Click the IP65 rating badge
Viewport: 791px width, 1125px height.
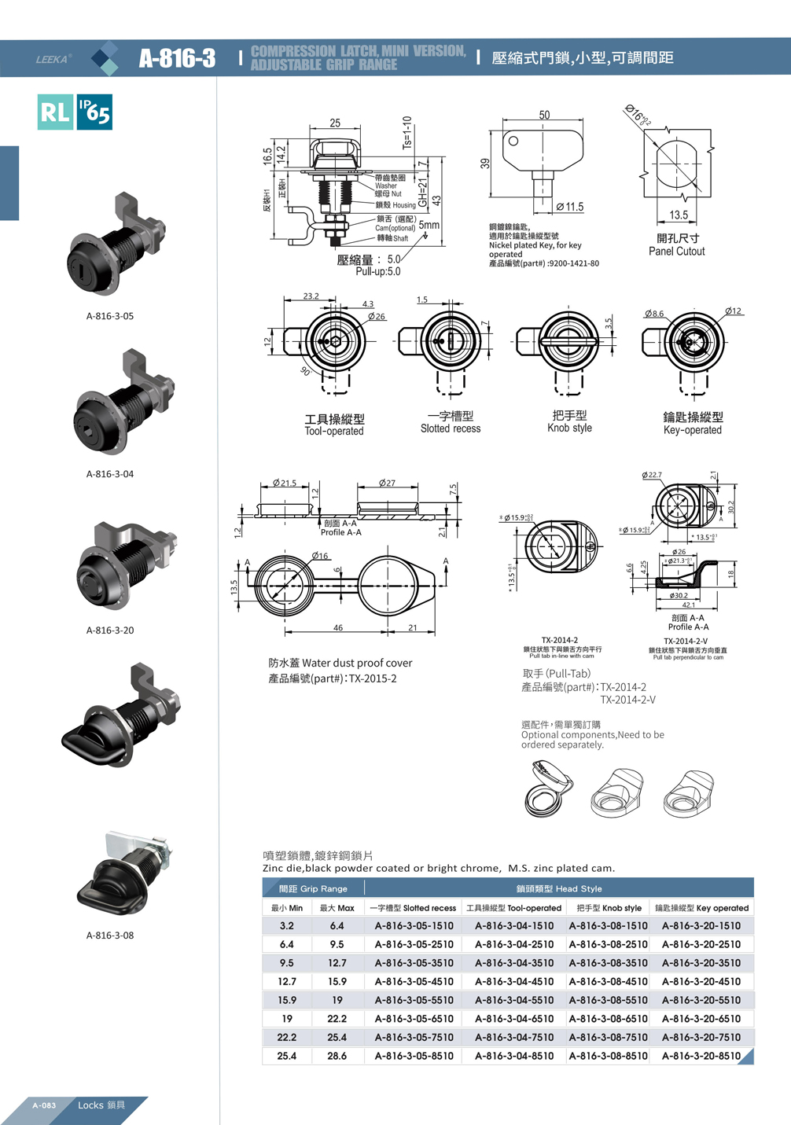click(x=94, y=112)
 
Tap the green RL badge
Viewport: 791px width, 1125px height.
click(x=55, y=112)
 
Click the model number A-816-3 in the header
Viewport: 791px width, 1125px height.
click(x=177, y=58)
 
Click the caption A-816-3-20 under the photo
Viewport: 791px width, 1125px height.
click(x=110, y=630)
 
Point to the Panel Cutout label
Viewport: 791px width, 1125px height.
click(x=676, y=252)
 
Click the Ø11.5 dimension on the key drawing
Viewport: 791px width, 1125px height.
click(x=569, y=207)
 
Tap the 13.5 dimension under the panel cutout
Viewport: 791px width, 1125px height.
click(x=679, y=215)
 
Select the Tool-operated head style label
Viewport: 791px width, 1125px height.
click(x=334, y=431)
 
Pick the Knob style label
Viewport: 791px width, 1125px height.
click(x=569, y=428)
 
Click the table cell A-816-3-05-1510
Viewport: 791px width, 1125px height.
click(x=414, y=926)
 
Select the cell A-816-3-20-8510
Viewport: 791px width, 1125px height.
click(x=701, y=1056)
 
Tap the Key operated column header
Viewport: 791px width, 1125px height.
click(x=701, y=908)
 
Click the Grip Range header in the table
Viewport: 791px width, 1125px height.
click(x=313, y=888)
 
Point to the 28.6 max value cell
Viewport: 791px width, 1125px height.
click(x=337, y=1056)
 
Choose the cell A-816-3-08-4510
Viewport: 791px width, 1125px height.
click(x=608, y=982)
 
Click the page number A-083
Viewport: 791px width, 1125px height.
click(x=44, y=1105)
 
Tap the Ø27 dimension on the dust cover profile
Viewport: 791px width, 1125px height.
click(x=387, y=483)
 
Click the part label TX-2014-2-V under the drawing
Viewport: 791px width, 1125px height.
click(x=685, y=641)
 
